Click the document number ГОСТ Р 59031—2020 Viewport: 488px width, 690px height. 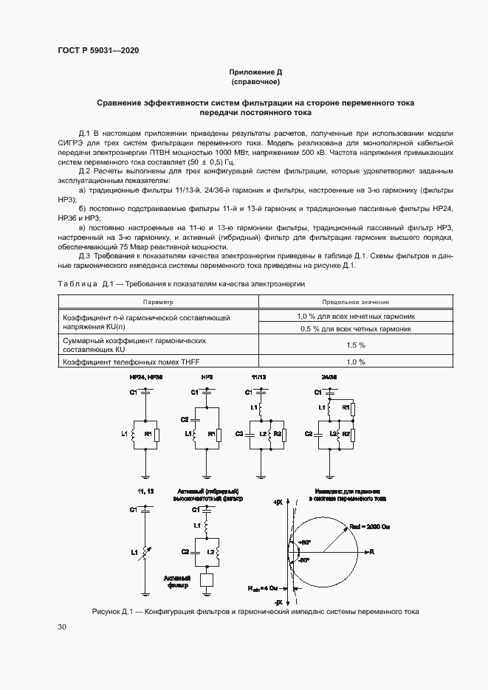pyautogui.click(x=97, y=51)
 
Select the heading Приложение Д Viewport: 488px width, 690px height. pyautogui.click(x=255, y=72)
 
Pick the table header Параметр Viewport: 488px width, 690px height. pyautogui.click(x=158, y=302)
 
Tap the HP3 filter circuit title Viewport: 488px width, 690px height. pyautogui.click(x=207, y=377)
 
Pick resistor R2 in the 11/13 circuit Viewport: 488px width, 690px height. pyautogui.click(x=277, y=434)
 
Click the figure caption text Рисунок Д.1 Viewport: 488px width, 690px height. pyautogui.click(x=255, y=612)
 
